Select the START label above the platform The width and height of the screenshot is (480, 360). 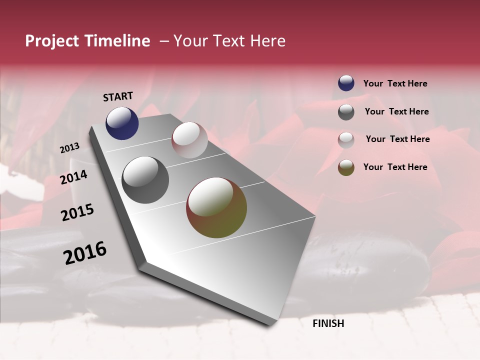pos(118,96)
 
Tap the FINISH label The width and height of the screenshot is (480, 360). pos(328,323)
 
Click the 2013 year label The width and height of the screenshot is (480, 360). pos(69,147)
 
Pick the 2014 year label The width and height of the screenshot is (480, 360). pos(73,177)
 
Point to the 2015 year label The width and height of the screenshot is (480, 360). pos(77,213)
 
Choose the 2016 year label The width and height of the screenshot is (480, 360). pos(85,253)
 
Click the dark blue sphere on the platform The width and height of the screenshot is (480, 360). pos(122,123)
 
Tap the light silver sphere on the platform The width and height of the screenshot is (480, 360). pos(189,139)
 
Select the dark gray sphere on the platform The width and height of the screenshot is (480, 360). pos(145,180)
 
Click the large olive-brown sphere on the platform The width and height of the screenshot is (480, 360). pos(216,207)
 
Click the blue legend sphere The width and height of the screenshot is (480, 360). pos(346,83)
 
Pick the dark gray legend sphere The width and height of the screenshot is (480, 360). pos(346,112)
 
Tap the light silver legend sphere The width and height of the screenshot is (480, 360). pos(346,139)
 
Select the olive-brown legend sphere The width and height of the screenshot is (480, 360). pos(346,167)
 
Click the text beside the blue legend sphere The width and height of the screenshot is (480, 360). pos(395,84)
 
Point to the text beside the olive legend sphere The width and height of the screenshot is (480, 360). pos(395,167)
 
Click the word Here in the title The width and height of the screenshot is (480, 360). pos(267,41)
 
